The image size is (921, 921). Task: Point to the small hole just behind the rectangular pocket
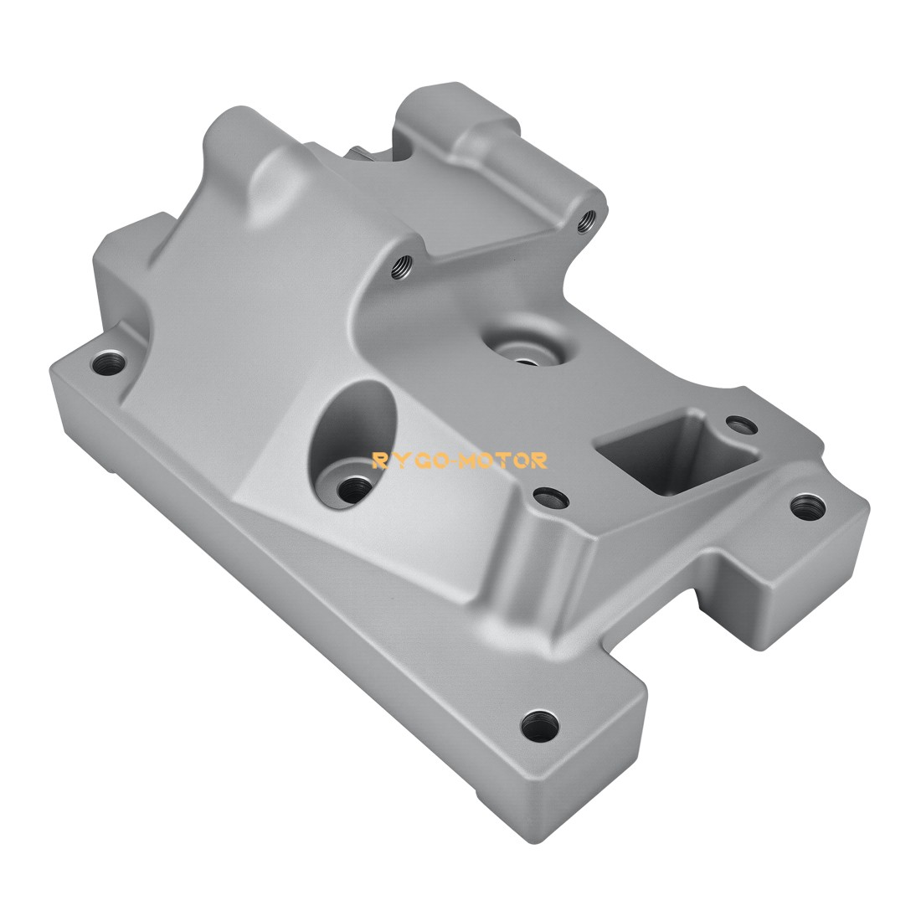pyautogui.click(x=738, y=423)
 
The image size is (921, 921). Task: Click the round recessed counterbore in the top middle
pyautogui.click(x=523, y=350)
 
